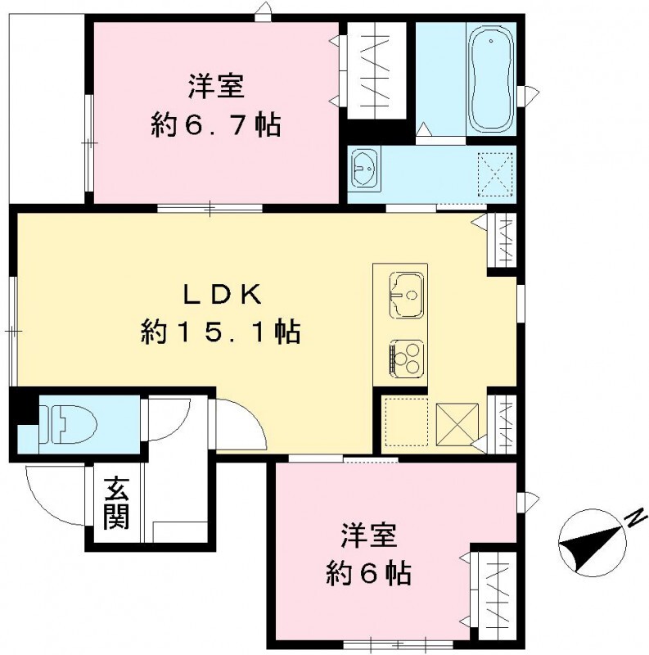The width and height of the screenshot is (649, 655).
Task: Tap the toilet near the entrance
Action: (x=70, y=423)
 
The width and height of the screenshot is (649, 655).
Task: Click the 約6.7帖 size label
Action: (x=216, y=125)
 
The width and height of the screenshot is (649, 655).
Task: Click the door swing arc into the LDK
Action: (x=240, y=422)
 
